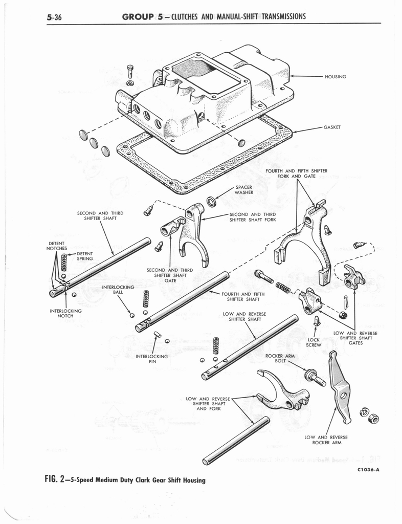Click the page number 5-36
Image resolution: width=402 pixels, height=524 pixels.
54,17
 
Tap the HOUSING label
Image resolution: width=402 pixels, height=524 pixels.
335,77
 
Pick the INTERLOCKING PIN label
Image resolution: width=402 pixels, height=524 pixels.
152,358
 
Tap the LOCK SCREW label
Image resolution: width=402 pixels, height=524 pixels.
314,342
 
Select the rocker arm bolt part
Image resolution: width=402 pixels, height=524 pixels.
314,378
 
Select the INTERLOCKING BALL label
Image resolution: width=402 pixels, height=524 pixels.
118,290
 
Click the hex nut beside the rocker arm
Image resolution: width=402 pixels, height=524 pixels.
373,419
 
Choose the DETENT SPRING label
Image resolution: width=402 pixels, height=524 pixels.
84,256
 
